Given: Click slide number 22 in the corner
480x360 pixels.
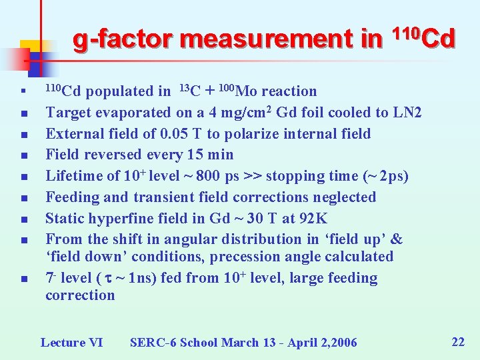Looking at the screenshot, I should (x=458, y=342).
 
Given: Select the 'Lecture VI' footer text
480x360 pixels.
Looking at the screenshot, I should (x=71, y=343).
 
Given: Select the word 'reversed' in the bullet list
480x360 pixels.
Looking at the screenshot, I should (x=105, y=155).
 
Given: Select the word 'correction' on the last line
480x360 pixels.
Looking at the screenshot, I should (x=80, y=295).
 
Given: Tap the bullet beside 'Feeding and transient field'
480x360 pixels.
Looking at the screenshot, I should (x=23, y=198).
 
